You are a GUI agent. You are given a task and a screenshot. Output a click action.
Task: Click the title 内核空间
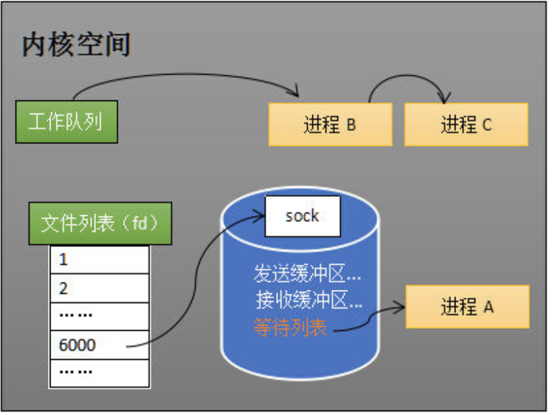(76, 45)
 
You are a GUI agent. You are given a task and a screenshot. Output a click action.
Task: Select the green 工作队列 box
(65, 121)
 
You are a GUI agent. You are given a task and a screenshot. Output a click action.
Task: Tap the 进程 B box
(330, 124)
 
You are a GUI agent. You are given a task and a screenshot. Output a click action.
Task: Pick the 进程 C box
(466, 124)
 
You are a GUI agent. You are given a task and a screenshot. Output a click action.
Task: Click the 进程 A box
(467, 306)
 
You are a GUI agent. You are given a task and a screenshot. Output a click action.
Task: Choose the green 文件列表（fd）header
(100, 224)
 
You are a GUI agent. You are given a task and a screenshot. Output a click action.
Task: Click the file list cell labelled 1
(99, 259)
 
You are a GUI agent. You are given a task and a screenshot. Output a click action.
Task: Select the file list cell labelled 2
(99, 288)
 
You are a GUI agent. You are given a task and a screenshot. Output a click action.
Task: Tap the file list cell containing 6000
(99, 344)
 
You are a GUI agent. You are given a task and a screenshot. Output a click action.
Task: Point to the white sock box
(303, 215)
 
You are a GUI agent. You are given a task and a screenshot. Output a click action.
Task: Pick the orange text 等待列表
(290, 328)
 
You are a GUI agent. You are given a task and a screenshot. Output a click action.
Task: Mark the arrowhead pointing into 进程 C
(444, 99)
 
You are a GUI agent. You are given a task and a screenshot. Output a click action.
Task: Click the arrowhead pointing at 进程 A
(402, 309)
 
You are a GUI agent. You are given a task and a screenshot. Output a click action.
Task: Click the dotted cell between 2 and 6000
(99, 316)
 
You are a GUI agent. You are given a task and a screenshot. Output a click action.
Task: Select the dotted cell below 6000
(99, 372)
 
